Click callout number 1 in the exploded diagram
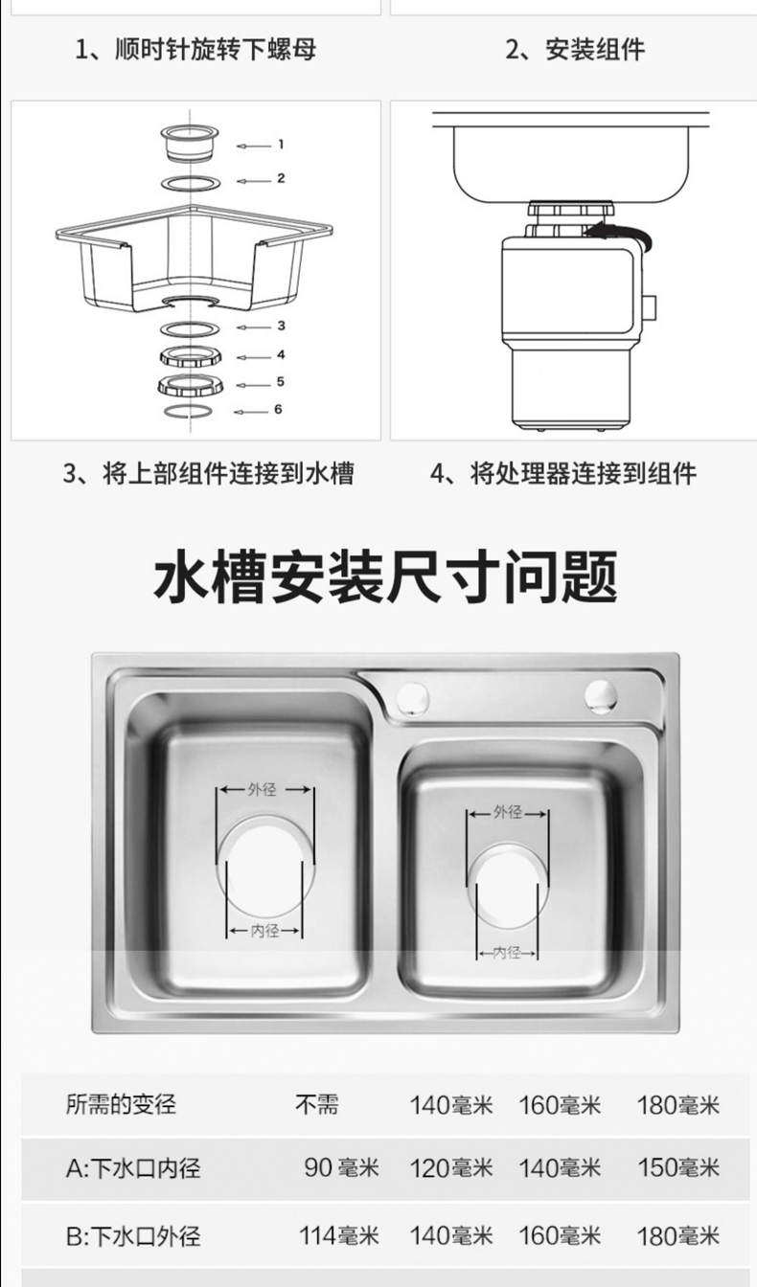[x=281, y=145]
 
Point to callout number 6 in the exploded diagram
[x=278, y=409]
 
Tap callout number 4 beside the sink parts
[x=281, y=354]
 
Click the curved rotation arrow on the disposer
[x=622, y=235]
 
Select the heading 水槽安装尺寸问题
[x=385, y=576]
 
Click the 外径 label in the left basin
[x=263, y=789]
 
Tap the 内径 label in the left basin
[x=264, y=930]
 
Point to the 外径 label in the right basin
[x=508, y=812]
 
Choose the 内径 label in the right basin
[x=507, y=953]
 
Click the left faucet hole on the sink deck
[x=413, y=698]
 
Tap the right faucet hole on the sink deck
[x=601, y=695]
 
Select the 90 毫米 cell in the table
[x=341, y=1167]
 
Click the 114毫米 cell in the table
[x=338, y=1234]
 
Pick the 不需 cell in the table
[x=317, y=1104]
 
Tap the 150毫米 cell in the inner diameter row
[x=678, y=1167]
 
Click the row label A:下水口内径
[x=133, y=1168]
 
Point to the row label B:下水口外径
[x=133, y=1236]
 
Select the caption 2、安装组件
[x=575, y=49]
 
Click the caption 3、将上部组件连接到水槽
[x=208, y=473]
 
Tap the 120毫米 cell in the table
[x=451, y=1167]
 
